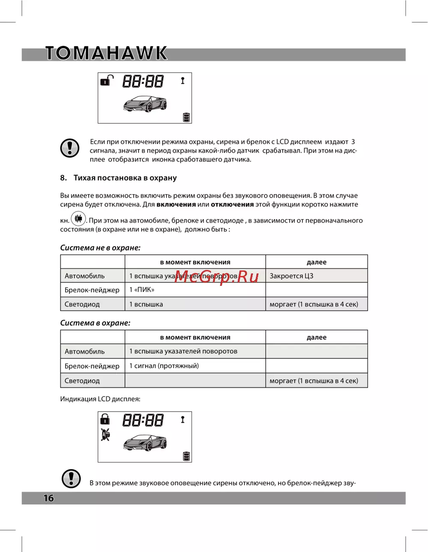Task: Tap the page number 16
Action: pos(48,498)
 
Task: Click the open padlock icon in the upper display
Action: pos(107,80)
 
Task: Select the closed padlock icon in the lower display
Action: pos(105,419)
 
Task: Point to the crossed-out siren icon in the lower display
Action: pos(105,435)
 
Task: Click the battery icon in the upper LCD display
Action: pos(186,117)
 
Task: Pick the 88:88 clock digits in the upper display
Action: pos(143,81)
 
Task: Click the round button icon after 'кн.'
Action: pos(78,219)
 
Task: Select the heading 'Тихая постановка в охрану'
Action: pos(125,178)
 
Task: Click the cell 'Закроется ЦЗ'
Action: pos(291,276)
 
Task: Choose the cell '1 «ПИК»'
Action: pos(142,290)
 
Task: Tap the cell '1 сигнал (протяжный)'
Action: pos(164,366)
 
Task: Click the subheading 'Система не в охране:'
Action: pos(100,248)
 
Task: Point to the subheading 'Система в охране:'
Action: pos(95,323)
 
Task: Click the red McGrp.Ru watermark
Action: pos(217,276)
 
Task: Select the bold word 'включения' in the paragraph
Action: pos(176,205)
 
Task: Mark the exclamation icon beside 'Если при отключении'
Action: pos(70,148)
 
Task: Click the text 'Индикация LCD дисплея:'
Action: pos(100,399)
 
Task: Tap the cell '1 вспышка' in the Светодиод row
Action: pos(146,304)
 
